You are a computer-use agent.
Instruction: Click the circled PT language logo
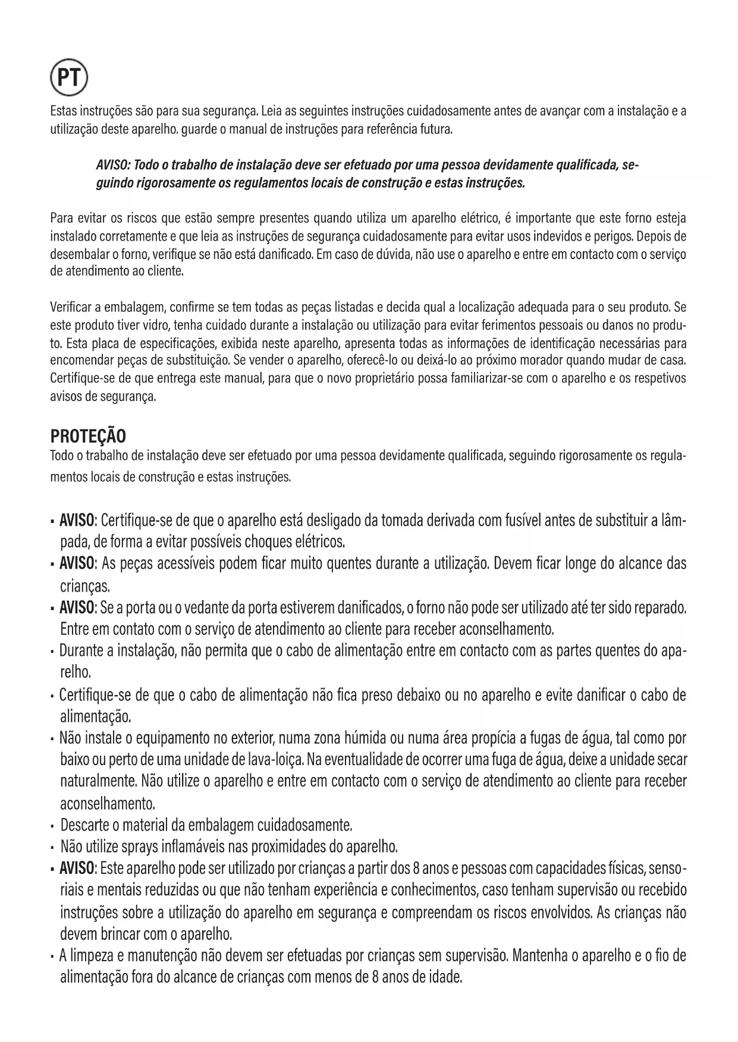pos(69,78)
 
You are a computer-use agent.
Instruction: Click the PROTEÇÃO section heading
pos(87,437)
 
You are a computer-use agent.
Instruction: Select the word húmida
pos(362,738)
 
